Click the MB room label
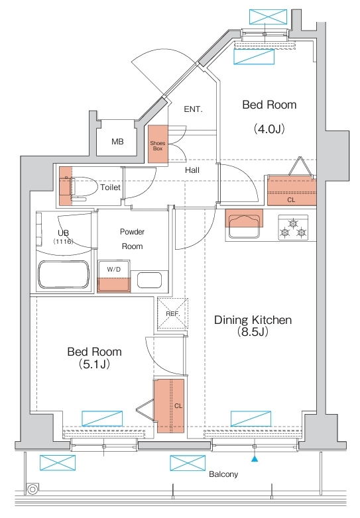click(x=117, y=142)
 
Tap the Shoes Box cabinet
click(x=158, y=144)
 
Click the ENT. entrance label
click(x=193, y=109)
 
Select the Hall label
click(x=192, y=170)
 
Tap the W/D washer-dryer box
click(x=114, y=276)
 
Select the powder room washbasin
click(x=149, y=280)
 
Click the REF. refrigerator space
click(x=172, y=314)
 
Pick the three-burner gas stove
click(x=293, y=228)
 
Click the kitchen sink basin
click(x=244, y=226)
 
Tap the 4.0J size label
click(x=269, y=129)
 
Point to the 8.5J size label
click(x=253, y=332)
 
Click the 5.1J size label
click(x=94, y=364)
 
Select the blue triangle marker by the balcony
click(x=254, y=458)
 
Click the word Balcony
click(x=223, y=474)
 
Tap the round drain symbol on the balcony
click(x=32, y=489)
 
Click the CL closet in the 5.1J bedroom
click(x=169, y=406)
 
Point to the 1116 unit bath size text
click(x=63, y=242)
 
